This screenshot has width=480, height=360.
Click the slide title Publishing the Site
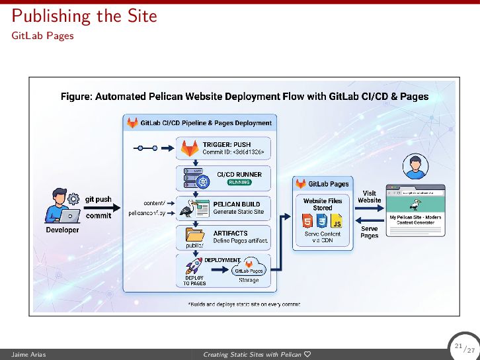tap(85, 15)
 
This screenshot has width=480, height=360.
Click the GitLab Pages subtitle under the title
tap(42, 36)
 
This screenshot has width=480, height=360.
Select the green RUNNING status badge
tap(239, 182)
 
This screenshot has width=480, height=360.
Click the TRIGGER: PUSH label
tap(226, 144)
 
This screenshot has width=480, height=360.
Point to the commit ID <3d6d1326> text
tap(233, 152)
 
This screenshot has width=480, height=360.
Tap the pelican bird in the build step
tap(192, 208)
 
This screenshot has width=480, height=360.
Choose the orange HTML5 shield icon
tap(307, 221)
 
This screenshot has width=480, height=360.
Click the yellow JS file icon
tap(337, 221)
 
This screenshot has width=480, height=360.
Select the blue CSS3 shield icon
tap(322, 221)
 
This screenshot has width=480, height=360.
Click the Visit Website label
tap(369, 197)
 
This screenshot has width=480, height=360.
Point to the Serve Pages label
tap(369, 232)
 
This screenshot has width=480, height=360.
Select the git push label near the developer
tap(98, 199)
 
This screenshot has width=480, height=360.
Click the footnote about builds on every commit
tap(244, 304)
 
